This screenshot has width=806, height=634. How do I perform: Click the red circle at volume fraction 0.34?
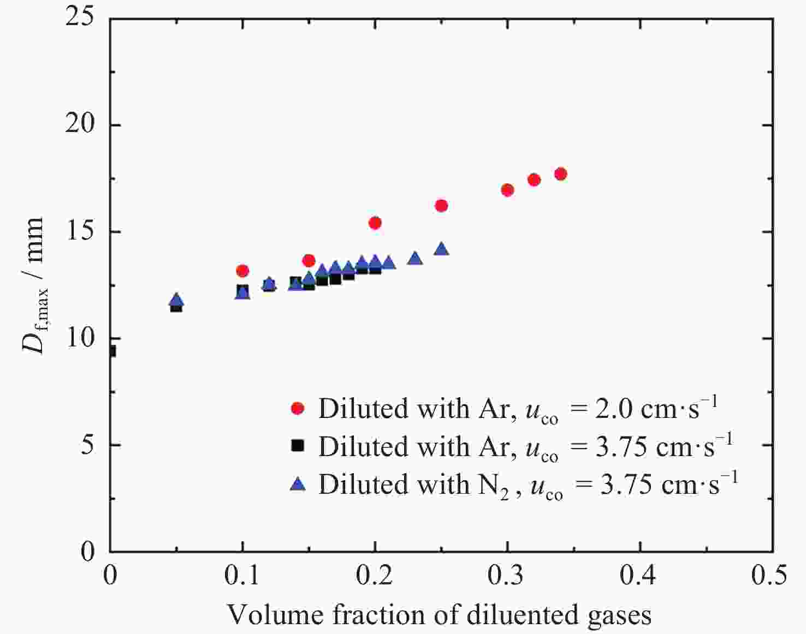click(560, 174)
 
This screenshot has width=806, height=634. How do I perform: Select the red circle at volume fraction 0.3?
click(507, 190)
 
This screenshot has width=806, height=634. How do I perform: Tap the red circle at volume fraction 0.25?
click(441, 206)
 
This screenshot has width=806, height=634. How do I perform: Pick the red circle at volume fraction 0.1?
click(242, 271)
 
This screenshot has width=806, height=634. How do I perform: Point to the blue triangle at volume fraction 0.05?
click(176, 300)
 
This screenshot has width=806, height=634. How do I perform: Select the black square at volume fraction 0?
click(111, 351)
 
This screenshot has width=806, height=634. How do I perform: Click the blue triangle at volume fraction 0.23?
click(415, 258)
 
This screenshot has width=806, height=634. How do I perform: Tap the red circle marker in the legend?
click(298, 408)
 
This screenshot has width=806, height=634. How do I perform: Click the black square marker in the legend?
click(298, 446)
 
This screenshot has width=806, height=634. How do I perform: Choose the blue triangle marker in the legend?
click(298, 483)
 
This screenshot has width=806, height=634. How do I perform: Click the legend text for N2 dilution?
click(528, 485)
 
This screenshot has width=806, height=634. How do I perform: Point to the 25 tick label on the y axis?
click(80, 17)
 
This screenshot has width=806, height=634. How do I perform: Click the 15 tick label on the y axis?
click(80, 232)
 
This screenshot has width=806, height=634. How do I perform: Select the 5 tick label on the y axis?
click(87, 445)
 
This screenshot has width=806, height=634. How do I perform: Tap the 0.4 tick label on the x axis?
click(639, 576)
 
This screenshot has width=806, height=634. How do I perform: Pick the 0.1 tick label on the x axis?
click(242, 576)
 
